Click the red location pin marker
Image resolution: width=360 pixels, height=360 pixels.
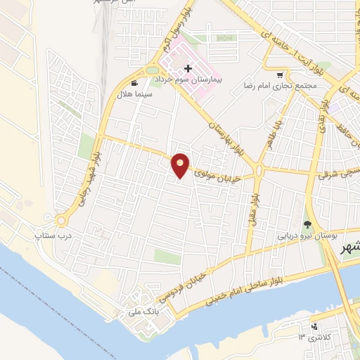181,165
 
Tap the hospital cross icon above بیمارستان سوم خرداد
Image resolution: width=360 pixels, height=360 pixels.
188,68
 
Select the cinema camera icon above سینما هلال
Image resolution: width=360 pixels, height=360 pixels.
135,84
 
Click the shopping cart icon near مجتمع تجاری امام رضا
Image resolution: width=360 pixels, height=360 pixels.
280,75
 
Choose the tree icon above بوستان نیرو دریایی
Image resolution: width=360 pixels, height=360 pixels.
307,224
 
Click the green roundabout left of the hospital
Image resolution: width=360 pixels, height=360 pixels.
153,69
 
